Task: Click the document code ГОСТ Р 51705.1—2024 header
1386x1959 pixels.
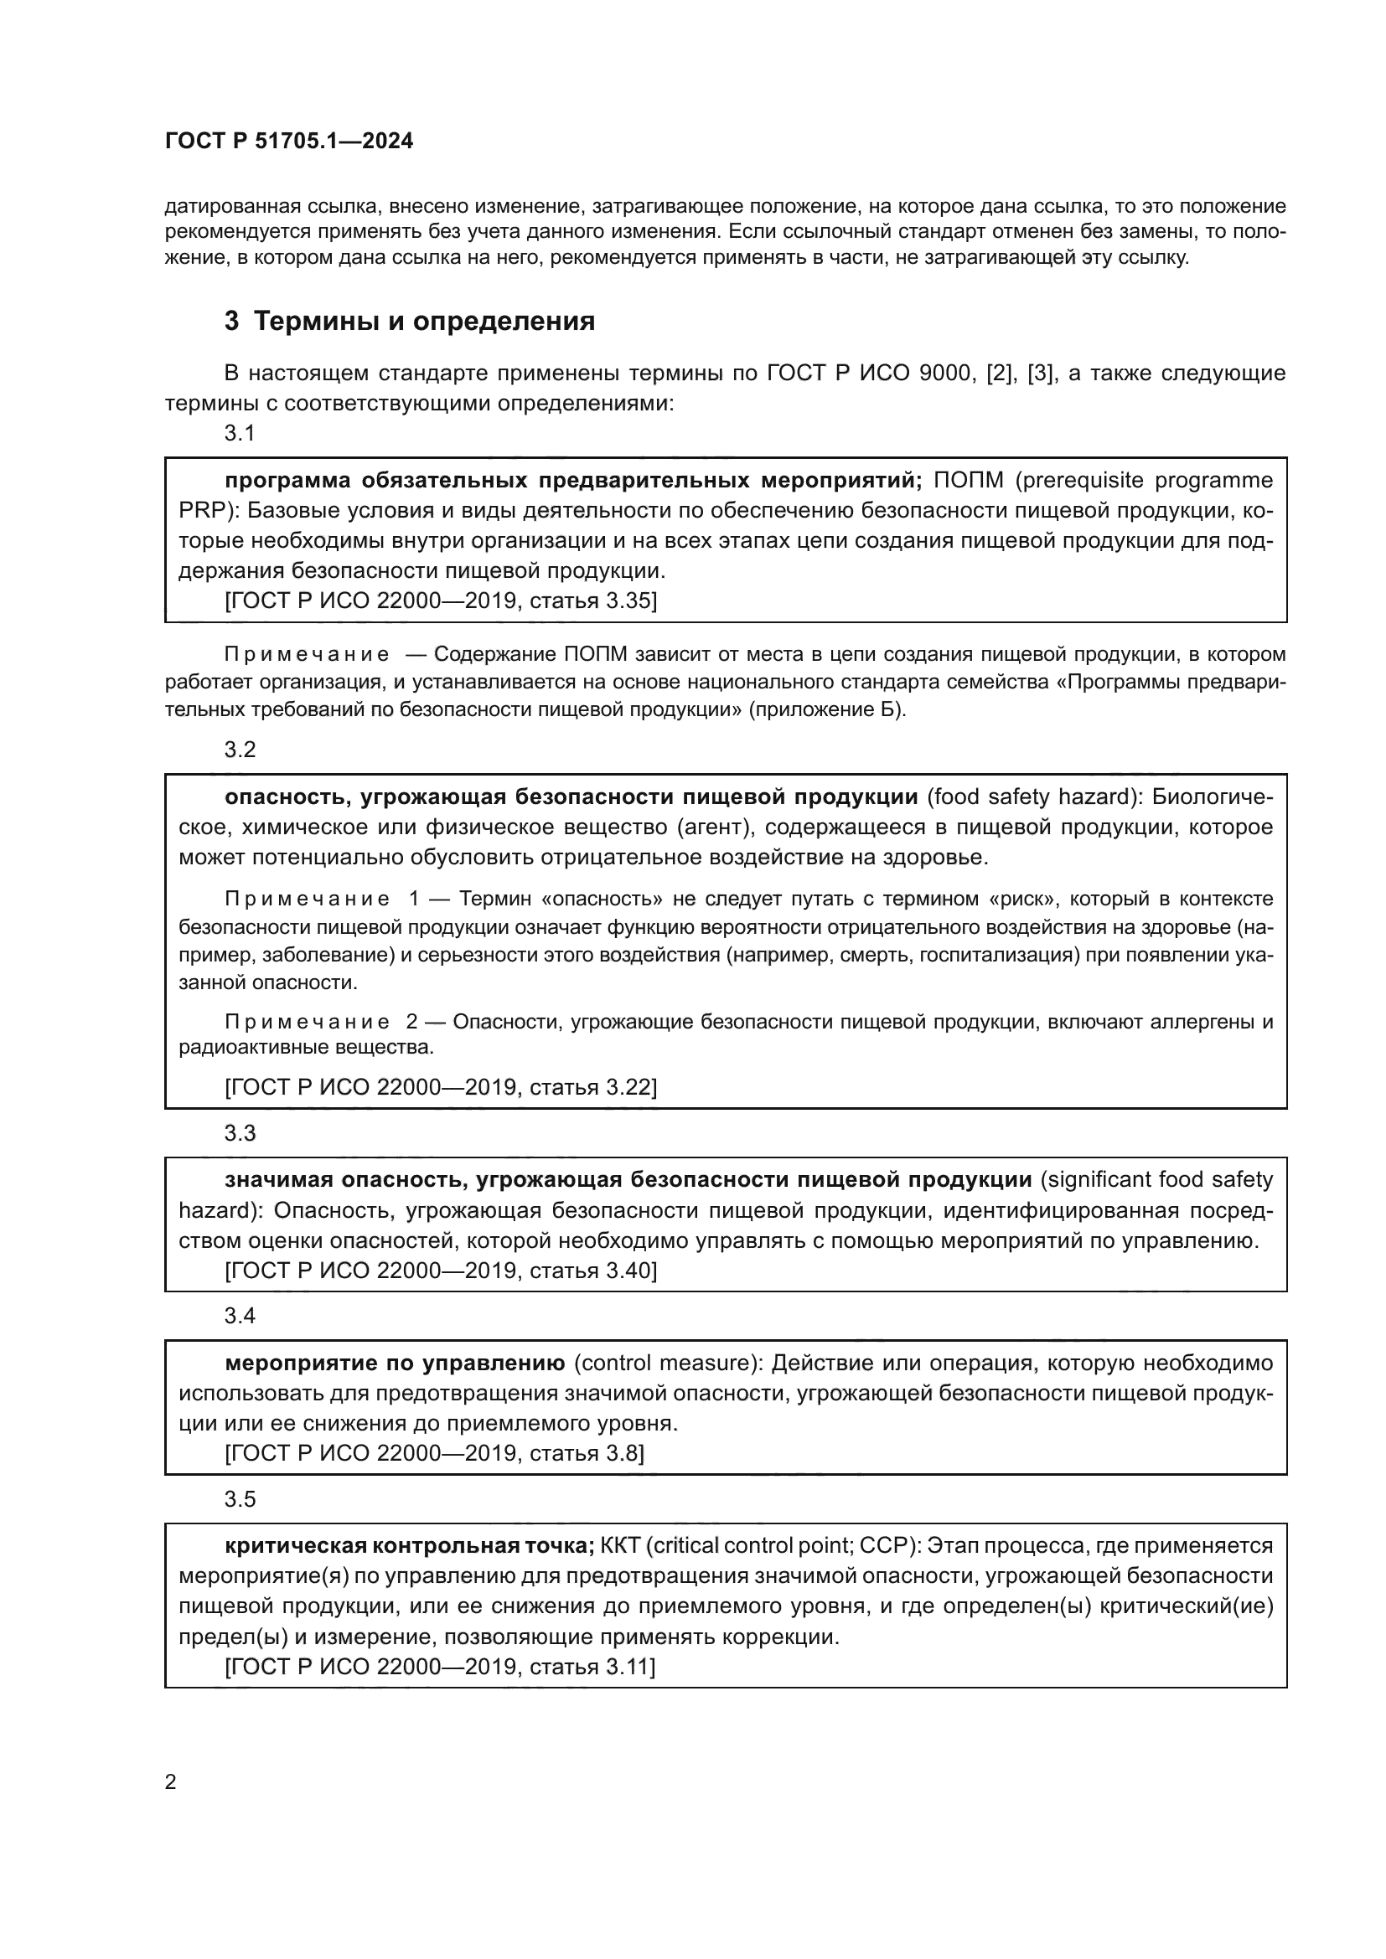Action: click(x=288, y=141)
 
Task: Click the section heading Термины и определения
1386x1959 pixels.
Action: click(x=424, y=322)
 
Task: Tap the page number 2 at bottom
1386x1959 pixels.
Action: click(x=170, y=1781)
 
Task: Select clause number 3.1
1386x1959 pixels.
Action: click(x=240, y=434)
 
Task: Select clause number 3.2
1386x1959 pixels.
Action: click(x=240, y=749)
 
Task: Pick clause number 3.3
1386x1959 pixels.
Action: click(x=240, y=1133)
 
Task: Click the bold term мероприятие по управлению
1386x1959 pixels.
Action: click(x=396, y=1364)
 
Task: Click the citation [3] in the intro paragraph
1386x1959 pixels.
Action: click(x=1038, y=373)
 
